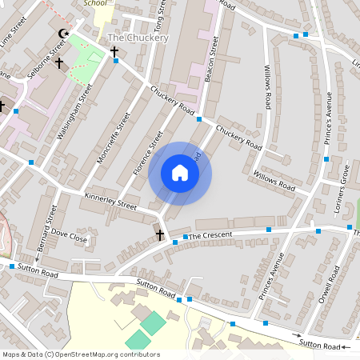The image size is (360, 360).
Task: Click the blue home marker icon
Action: click(180, 173)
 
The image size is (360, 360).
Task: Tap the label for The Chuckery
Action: click(138, 38)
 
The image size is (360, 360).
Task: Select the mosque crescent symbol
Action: click(63, 34)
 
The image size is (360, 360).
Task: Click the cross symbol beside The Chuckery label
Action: click(114, 52)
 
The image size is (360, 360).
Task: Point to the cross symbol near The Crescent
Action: click(160, 234)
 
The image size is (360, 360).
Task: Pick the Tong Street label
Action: click(160, 16)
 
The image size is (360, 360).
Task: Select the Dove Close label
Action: click(70, 238)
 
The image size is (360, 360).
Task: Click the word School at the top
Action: click(94, 3)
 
